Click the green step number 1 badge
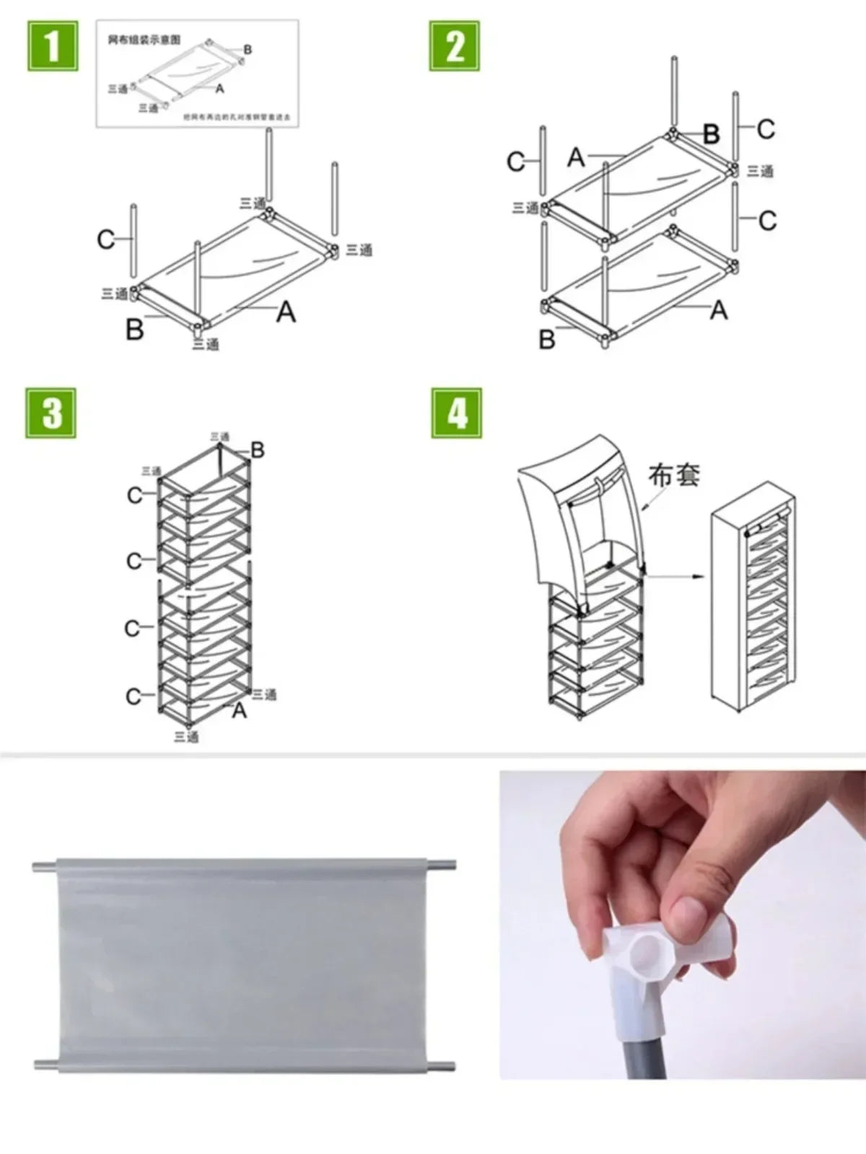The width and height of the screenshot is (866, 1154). click(x=53, y=46)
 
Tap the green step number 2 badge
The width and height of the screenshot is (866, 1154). click(x=455, y=46)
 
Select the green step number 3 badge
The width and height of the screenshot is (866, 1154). click(x=51, y=413)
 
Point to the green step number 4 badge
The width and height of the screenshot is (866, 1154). click(x=457, y=413)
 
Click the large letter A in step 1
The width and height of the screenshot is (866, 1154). click(x=286, y=312)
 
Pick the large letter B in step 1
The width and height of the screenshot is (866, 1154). click(x=135, y=330)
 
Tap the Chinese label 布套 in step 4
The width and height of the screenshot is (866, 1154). click(x=673, y=475)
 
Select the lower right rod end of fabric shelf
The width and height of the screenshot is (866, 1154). click(x=445, y=1066)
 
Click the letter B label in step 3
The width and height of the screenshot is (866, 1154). click(x=258, y=451)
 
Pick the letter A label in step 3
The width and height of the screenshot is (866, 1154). click(x=240, y=710)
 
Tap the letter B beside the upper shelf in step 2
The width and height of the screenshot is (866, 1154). click(x=711, y=133)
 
